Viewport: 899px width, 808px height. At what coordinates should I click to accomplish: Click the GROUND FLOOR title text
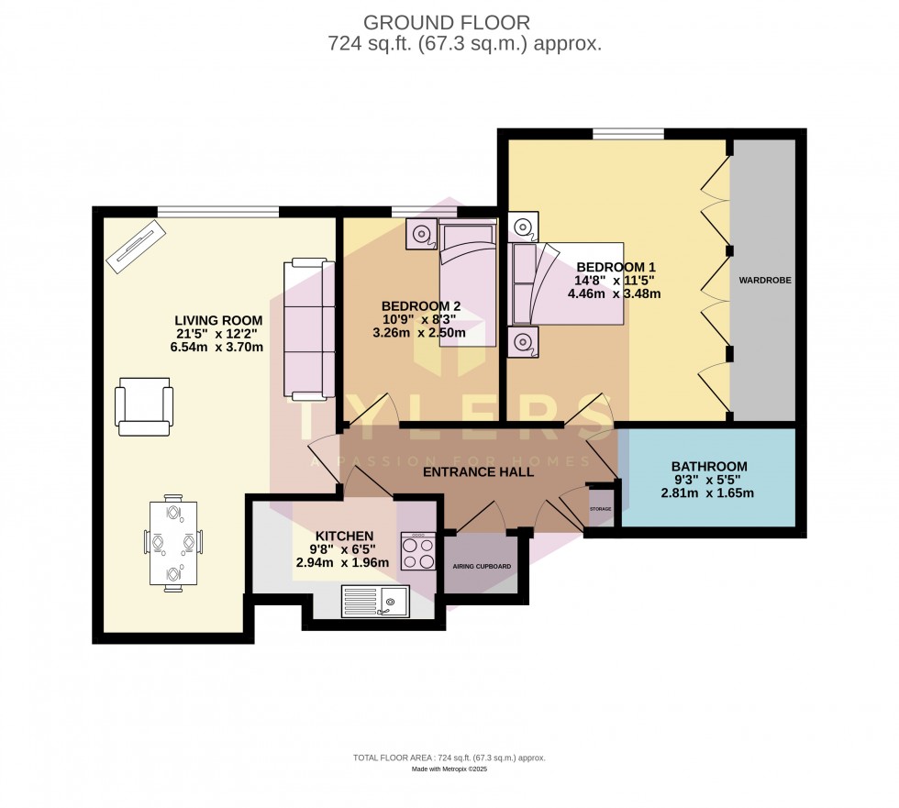[x=447, y=22]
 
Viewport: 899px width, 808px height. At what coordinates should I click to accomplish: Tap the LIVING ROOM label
[x=219, y=320]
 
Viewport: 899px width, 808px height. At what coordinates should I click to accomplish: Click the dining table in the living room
[x=172, y=543]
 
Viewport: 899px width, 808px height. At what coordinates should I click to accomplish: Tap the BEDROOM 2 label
[x=421, y=305]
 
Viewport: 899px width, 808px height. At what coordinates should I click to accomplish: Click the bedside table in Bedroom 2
[x=423, y=234]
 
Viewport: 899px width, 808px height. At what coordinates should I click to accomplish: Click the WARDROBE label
[x=764, y=280]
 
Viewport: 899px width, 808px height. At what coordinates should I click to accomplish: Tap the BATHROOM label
[x=708, y=466]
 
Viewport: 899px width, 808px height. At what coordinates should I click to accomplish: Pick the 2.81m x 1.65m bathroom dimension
[x=707, y=493]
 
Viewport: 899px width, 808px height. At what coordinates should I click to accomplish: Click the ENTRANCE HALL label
[x=478, y=472]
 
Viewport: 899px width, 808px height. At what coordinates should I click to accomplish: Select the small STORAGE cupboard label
[x=600, y=508]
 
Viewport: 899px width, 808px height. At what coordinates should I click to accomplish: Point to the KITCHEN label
[x=344, y=536]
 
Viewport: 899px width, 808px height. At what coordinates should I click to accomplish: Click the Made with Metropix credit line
[x=449, y=769]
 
